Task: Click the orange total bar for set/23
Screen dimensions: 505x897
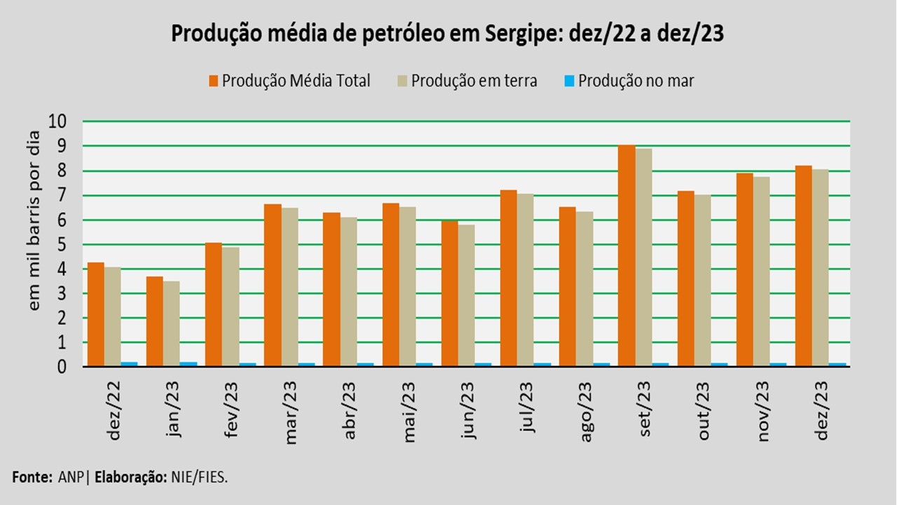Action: click(626, 255)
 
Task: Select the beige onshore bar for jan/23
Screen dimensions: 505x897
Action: click(171, 323)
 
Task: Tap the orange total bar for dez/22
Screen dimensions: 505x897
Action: click(96, 314)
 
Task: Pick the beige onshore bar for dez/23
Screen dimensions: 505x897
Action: click(820, 267)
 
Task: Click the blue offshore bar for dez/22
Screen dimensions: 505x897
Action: click(129, 364)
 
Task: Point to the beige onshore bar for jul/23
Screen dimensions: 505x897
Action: click(525, 280)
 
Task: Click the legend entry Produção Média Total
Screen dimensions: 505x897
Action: click(289, 81)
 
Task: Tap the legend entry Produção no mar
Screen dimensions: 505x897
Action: click(629, 81)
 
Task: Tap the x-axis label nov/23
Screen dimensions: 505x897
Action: click(764, 411)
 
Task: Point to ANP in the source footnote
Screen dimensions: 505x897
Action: click(68, 477)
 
